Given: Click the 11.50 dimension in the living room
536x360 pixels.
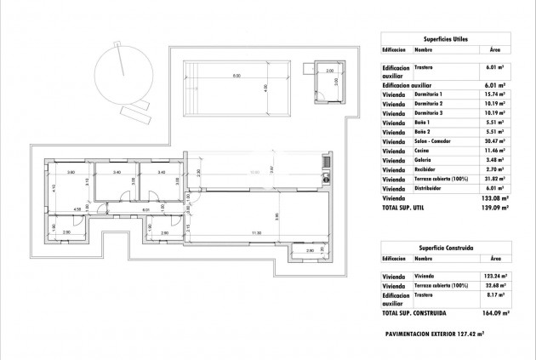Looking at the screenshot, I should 255,232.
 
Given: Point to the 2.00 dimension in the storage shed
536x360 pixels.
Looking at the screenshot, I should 328,71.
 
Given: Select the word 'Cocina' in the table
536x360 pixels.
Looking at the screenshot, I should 423,159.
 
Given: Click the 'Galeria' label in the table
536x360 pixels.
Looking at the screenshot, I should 424,169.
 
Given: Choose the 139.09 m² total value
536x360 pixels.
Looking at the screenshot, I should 494,208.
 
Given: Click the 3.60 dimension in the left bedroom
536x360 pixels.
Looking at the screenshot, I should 71,173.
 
